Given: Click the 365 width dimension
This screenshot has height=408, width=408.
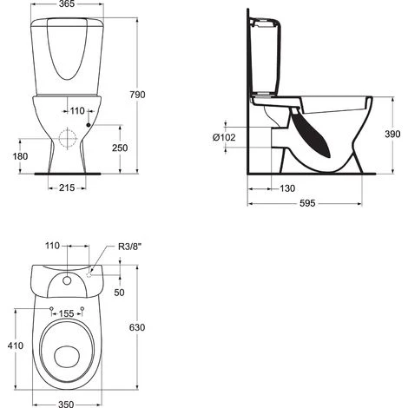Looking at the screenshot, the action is point(67,3).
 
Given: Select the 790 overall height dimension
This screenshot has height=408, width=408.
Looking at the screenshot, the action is point(137,95).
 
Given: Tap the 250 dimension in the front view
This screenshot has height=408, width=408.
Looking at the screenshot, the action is point(120,148).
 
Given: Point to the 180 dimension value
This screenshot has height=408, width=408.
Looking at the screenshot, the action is point(20,156).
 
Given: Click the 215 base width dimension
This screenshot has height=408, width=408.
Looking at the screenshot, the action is point(67,188).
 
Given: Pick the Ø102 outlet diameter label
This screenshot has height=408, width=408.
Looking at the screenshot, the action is point(224,137).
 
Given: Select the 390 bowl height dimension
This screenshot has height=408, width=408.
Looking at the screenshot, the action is point(392,134).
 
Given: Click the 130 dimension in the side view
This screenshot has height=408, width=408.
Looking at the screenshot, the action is point(287,188).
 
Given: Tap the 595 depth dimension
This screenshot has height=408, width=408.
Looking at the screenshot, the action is point(307,203).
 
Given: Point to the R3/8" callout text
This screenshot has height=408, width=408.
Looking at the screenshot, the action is point(129,247).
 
